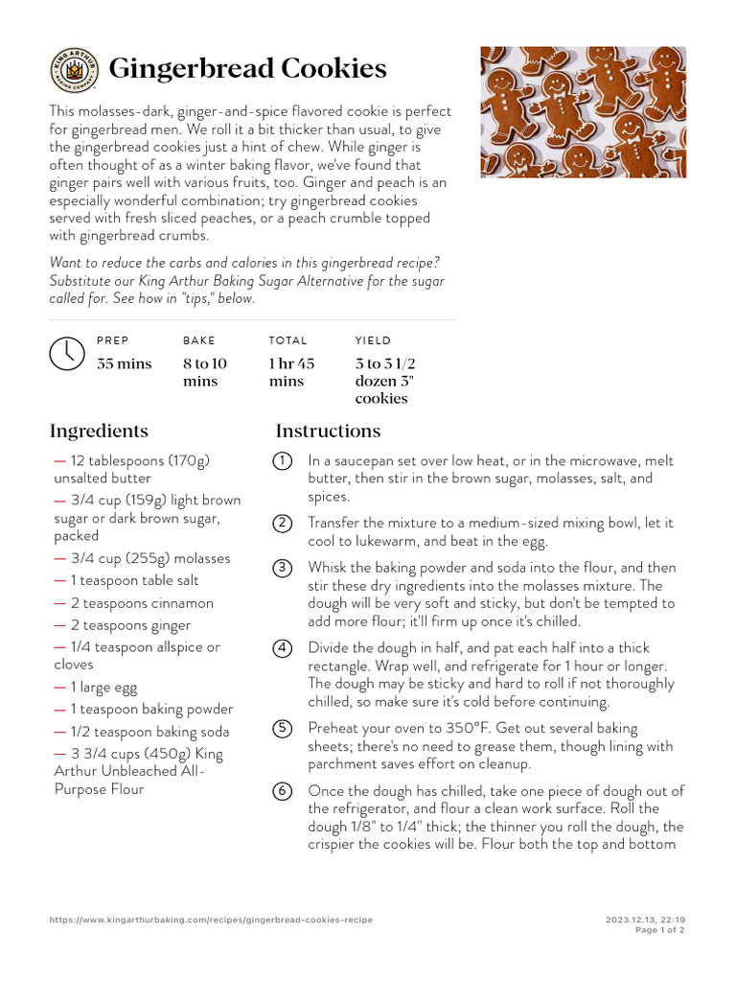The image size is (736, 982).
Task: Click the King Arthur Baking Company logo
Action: tap(74, 70)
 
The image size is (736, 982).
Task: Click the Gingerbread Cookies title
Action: tap(247, 69)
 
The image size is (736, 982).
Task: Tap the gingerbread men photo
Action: tap(583, 111)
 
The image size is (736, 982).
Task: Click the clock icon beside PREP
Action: tap(66, 353)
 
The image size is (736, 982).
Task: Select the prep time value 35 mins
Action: tap(125, 363)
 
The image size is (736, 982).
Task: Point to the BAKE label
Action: tap(199, 340)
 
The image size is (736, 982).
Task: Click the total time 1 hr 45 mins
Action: tap(291, 372)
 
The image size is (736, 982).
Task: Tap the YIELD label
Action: tap(373, 340)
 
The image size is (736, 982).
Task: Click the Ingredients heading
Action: tap(99, 431)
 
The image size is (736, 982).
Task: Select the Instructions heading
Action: tap(328, 431)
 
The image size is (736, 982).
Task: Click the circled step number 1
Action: tap(283, 461)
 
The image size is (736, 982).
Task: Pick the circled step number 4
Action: tap(283, 648)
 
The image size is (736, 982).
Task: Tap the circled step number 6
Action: tap(283, 791)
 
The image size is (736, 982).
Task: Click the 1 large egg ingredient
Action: tap(103, 687)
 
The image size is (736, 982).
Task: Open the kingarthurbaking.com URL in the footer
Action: tap(211, 920)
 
